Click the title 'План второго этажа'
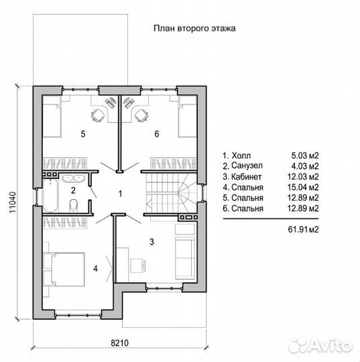point(194,28)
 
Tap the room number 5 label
point(83,134)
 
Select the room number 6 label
point(157,134)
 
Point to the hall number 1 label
point(120,194)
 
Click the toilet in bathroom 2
point(74,205)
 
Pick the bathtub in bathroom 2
point(50,196)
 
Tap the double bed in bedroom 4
point(64,269)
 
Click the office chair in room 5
point(98,115)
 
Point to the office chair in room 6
point(141,115)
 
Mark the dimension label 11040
point(13,202)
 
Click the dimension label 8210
point(119,343)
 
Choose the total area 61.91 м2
point(303,229)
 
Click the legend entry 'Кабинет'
point(247,176)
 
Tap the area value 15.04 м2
point(303,187)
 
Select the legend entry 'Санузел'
point(247,166)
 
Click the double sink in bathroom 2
point(74,178)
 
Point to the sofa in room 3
point(185,257)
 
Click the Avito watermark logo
point(320,346)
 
